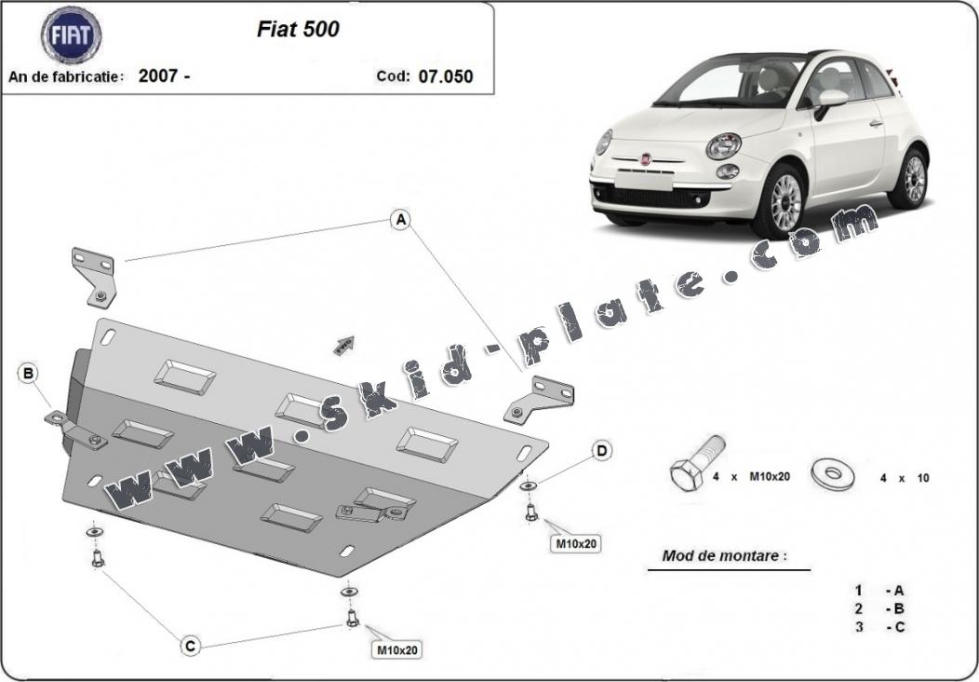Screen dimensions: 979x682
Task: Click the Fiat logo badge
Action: tap(71, 35)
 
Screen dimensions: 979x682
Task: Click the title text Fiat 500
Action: tap(298, 30)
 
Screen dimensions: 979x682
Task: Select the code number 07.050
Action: tap(446, 77)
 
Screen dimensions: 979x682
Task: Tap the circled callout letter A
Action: tap(401, 220)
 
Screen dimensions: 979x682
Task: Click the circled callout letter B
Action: tap(28, 374)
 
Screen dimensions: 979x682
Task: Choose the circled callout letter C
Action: tap(191, 645)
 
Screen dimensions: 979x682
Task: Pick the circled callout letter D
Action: tap(601, 451)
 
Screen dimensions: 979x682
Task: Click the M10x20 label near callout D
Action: tap(576, 544)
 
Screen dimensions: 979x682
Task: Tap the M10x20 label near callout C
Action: tap(397, 650)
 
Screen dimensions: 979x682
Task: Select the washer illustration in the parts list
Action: tap(834, 474)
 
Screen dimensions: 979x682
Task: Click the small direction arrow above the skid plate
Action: tap(344, 346)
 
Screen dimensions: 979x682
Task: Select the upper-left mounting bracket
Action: tap(94, 278)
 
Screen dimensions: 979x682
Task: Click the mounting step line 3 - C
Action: tap(879, 627)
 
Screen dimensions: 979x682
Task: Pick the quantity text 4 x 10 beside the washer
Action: tap(904, 478)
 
